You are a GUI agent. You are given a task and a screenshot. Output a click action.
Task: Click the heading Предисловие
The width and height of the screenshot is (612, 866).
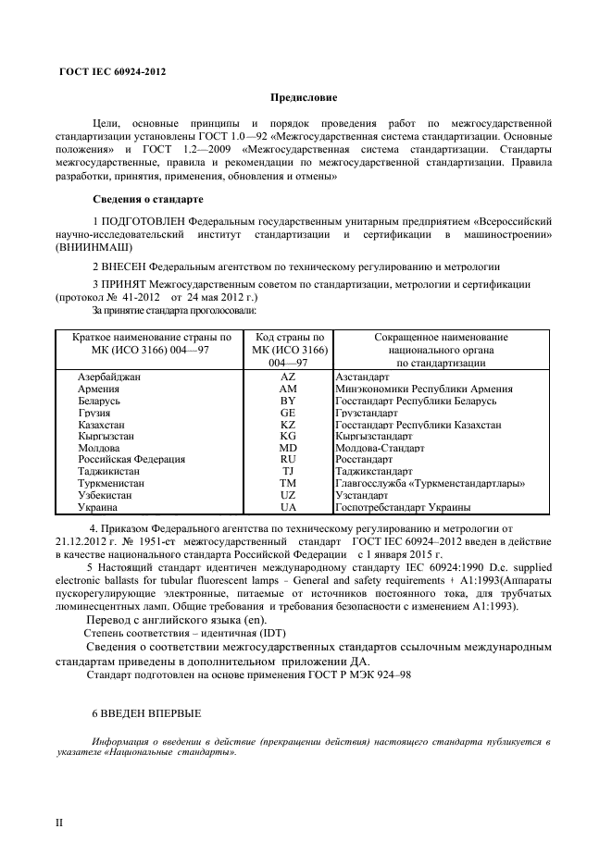coord(304,97)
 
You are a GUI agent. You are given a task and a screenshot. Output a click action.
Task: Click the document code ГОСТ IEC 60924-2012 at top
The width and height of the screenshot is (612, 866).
coord(112,71)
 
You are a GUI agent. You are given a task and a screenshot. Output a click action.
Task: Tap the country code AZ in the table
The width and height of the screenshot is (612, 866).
coord(288,378)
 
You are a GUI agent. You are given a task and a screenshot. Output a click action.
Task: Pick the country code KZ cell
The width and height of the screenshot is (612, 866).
coord(288,425)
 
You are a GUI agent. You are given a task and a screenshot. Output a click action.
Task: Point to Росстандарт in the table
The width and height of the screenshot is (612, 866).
coord(364,460)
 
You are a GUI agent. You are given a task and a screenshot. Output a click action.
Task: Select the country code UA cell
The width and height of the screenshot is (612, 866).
coord(288,507)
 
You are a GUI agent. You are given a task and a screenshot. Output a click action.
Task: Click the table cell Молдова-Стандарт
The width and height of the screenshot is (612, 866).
coord(380,448)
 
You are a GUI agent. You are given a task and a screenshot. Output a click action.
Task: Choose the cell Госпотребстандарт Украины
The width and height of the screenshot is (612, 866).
coord(403,507)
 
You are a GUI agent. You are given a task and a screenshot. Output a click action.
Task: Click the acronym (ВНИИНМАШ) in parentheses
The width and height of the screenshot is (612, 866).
coord(94,248)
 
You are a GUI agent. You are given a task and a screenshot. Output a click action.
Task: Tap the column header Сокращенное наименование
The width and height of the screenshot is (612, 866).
coord(441,338)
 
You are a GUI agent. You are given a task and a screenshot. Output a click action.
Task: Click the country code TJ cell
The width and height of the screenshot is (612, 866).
coord(288,471)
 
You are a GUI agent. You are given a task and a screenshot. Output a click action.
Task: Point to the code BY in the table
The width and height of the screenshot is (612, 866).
coord(288,402)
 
